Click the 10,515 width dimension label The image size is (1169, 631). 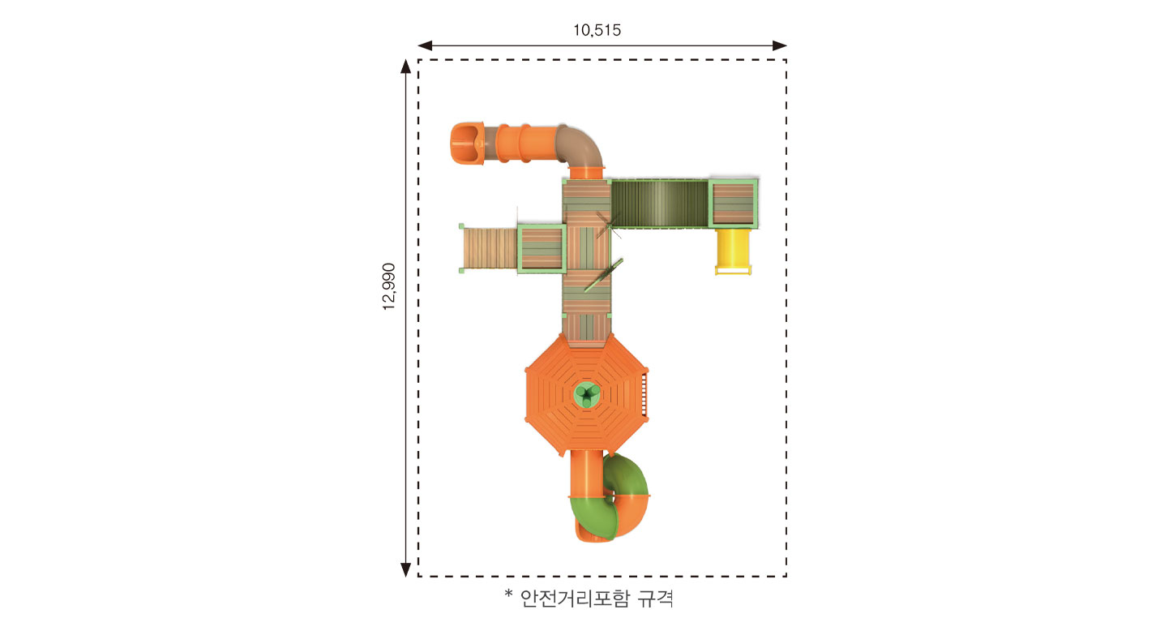[x=597, y=30]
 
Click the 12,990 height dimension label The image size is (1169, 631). [x=389, y=286]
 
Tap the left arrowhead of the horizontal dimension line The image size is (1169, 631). [x=424, y=45]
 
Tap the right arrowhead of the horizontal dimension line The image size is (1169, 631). [x=780, y=45]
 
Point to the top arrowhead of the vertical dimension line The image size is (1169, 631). [x=405, y=67]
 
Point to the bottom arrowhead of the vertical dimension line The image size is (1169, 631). [x=405, y=570]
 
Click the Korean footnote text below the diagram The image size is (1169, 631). [x=597, y=598]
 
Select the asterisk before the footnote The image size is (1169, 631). [x=508, y=594]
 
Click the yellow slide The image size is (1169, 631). [x=733, y=251]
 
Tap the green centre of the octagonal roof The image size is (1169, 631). [x=587, y=394]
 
